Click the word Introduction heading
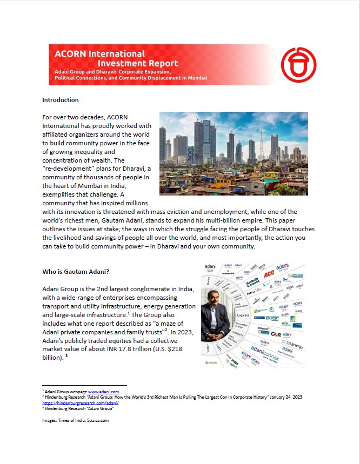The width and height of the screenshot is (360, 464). tap(61, 100)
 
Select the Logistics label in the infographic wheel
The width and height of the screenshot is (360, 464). tap(242, 313)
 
